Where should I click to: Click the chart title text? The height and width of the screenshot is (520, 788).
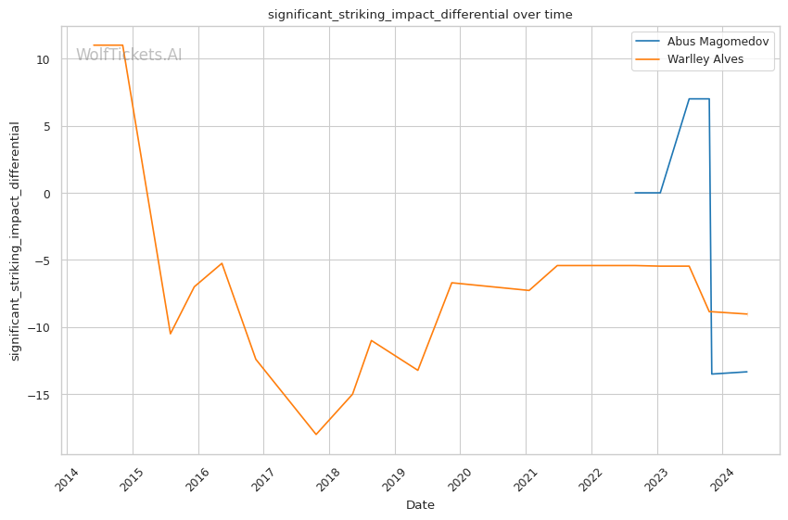[x=420, y=15]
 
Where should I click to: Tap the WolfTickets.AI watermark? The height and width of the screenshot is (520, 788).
[x=129, y=56]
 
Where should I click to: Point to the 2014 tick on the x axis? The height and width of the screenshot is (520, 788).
[x=68, y=479]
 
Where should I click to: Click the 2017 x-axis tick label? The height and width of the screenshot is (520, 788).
[x=264, y=479]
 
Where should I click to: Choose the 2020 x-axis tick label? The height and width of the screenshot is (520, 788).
[x=461, y=479]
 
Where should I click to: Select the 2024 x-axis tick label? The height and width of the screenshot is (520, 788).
[x=722, y=479]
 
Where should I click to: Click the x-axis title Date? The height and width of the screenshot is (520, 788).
[x=420, y=505]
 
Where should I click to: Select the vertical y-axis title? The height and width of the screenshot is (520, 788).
[x=15, y=241]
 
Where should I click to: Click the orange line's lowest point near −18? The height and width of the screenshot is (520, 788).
[x=316, y=435]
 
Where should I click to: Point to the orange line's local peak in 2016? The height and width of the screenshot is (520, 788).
[x=222, y=263]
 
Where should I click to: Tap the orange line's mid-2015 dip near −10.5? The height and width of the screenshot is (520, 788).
[x=170, y=334]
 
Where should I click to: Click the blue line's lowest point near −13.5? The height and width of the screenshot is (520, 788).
[x=712, y=374]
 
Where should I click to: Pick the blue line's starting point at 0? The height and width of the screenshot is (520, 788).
[x=635, y=193]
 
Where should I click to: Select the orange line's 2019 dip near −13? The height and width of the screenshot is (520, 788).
[x=418, y=371]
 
